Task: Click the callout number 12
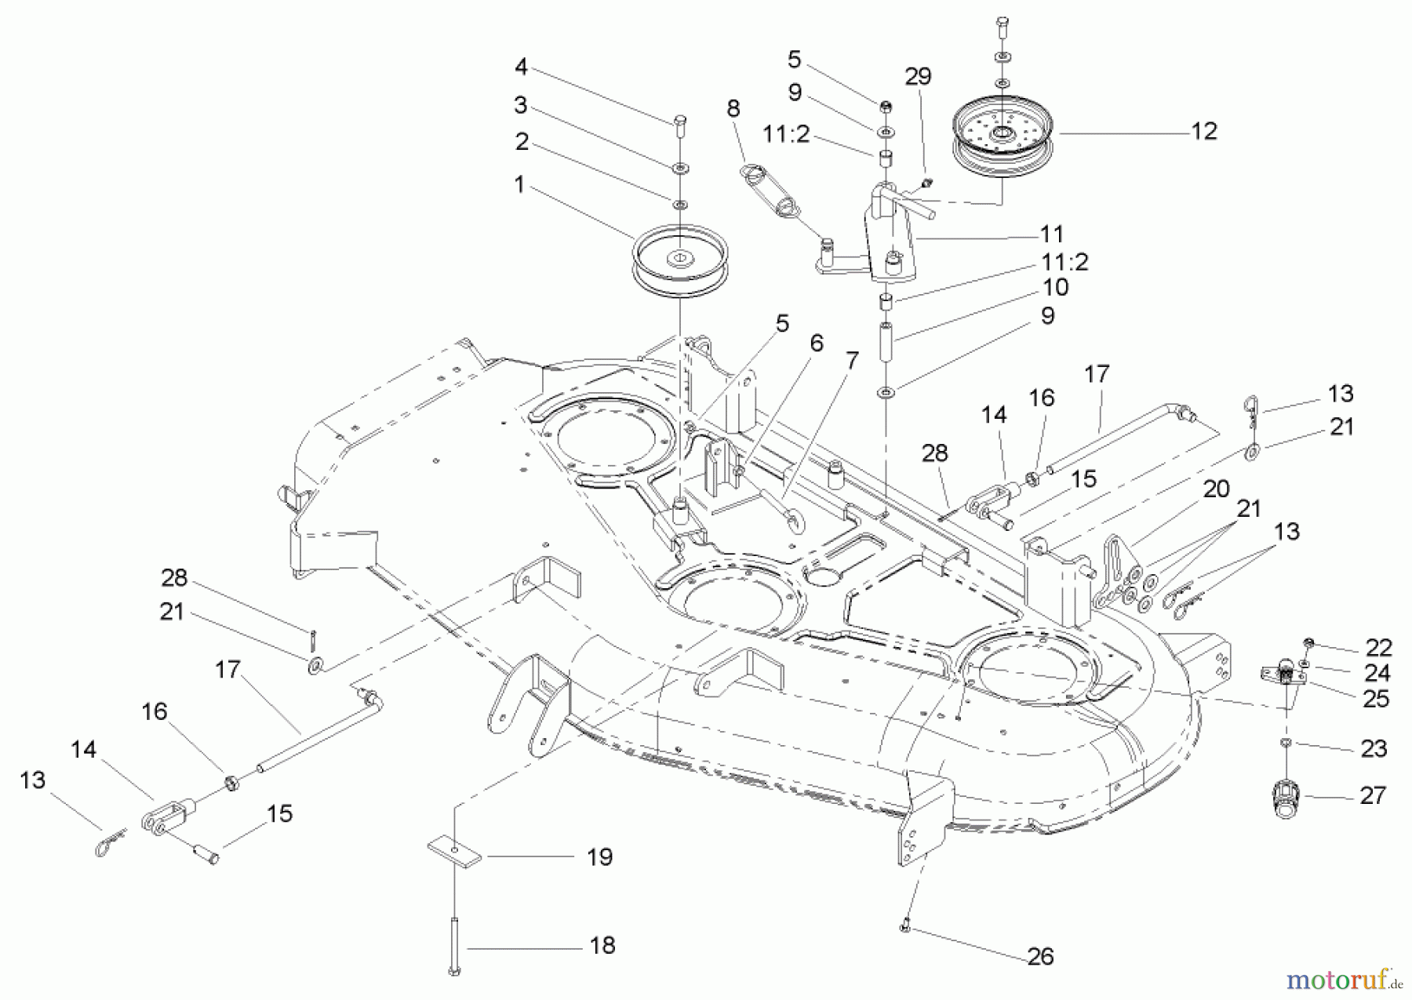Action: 1203,131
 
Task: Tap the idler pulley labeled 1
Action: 680,263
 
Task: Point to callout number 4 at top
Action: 521,67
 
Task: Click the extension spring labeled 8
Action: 772,191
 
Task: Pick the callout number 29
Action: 918,76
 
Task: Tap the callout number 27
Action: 1373,795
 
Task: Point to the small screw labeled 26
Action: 904,928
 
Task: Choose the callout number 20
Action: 1216,489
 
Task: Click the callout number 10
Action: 1055,287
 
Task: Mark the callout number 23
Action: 1374,748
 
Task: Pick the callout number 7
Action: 852,360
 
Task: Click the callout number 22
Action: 1378,647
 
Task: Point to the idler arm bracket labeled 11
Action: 890,243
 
